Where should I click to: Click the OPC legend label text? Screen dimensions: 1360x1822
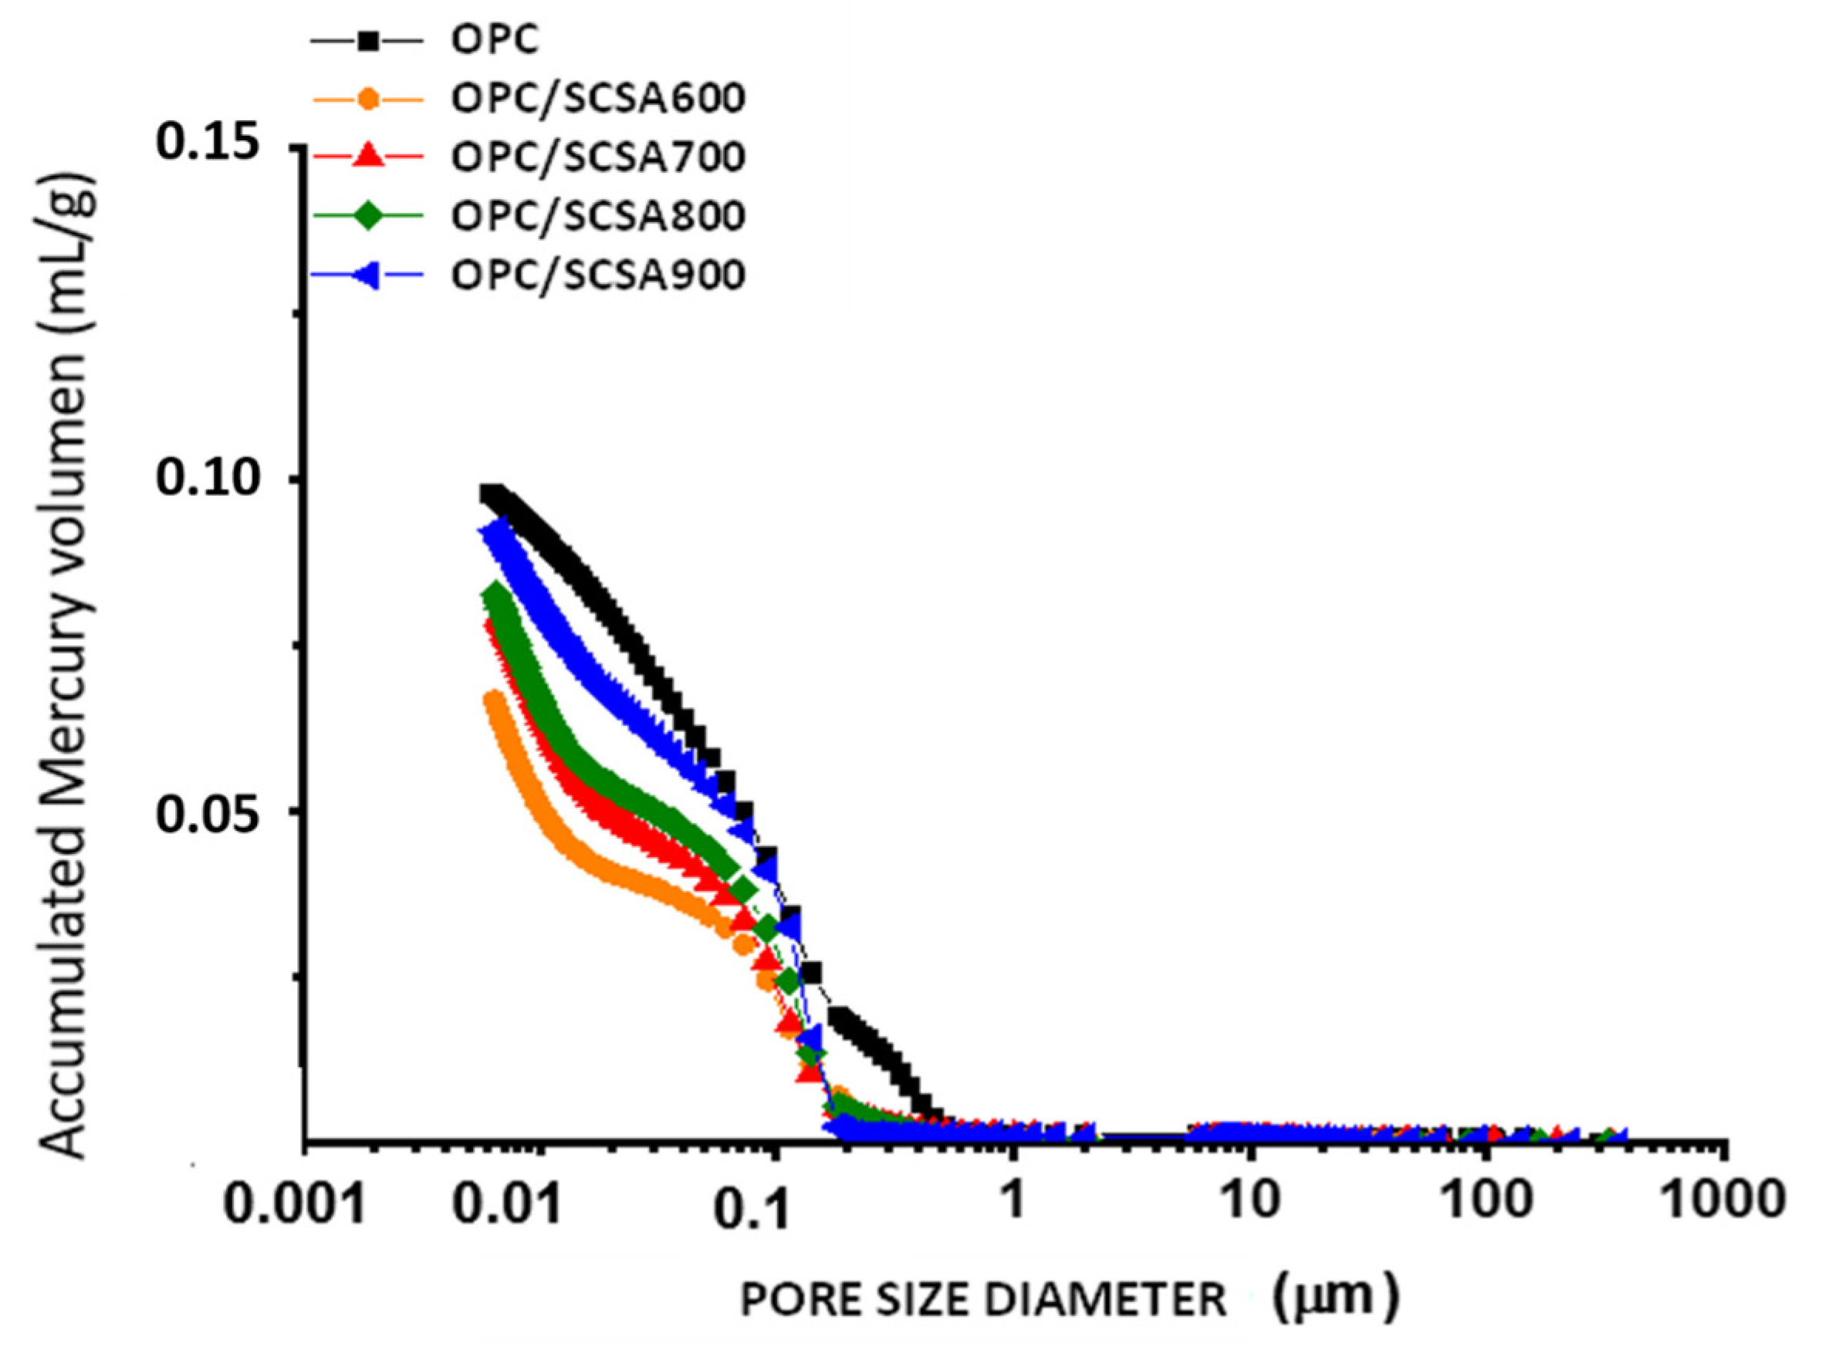[494, 39]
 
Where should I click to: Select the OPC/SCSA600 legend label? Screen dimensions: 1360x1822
[598, 98]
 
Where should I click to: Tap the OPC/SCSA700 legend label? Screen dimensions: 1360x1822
[598, 157]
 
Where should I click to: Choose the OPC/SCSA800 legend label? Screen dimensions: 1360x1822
[598, 216]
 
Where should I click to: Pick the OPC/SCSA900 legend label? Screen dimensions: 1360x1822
[598, 275]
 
